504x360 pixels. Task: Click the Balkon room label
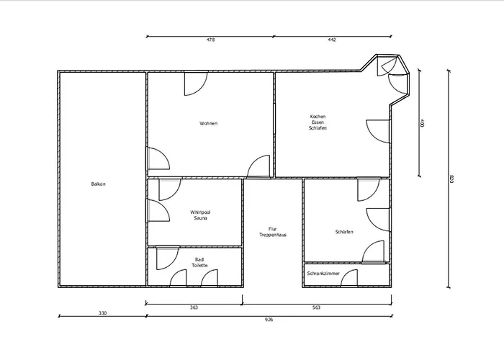pos(98,184)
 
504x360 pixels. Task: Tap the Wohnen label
pos(208,123)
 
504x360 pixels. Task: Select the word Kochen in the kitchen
pos(318,117)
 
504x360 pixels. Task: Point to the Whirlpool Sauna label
pos(200,215)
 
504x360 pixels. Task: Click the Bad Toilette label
pos(199,262)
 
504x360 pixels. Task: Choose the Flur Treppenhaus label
pos(273,232)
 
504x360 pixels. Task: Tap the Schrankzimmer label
pos(323,274)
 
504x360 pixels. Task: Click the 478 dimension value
pos(210,40)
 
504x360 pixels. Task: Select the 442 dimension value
pos(332,40)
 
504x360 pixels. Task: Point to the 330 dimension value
pos(102,313)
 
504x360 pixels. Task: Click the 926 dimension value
pos(269,320)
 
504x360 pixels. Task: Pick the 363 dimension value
pos(194,307)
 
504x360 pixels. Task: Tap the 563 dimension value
pos(316,307)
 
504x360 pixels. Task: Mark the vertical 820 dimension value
pos(451,179)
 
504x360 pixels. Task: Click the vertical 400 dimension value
pos(423,123)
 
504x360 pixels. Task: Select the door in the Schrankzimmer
pos(349,278)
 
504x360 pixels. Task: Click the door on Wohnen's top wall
pos(196,84)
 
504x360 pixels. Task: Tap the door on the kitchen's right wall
pos(378,131)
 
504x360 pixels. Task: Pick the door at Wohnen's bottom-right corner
pos(258,166)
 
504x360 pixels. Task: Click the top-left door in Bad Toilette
pos(168,258)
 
